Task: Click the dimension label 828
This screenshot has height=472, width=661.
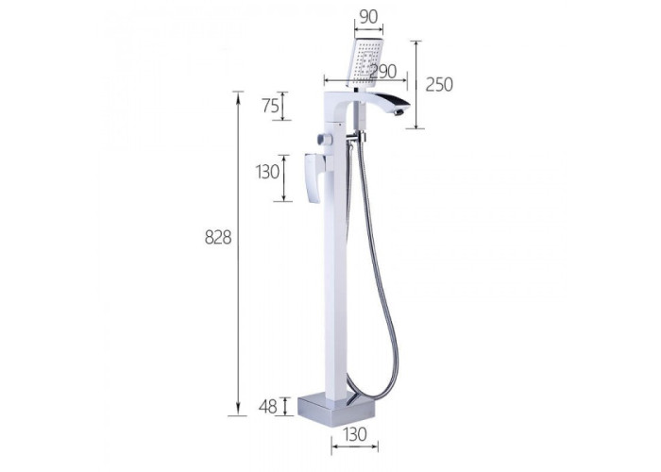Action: [x=218, y=238]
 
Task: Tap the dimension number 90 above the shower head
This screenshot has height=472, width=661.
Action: [x=369, y=16]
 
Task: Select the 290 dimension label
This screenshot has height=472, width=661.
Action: [x=382, y=71]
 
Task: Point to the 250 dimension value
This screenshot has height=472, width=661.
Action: [x=439, y=85]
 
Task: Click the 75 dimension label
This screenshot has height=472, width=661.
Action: [x=271, y=106]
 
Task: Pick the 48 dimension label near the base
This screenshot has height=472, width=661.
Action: [x=267, y=407]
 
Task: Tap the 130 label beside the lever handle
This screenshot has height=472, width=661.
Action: [x=267, y=172]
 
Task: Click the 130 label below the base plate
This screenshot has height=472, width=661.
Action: [x=354, y=434]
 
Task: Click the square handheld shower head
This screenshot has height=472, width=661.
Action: [x=365, y=62]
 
